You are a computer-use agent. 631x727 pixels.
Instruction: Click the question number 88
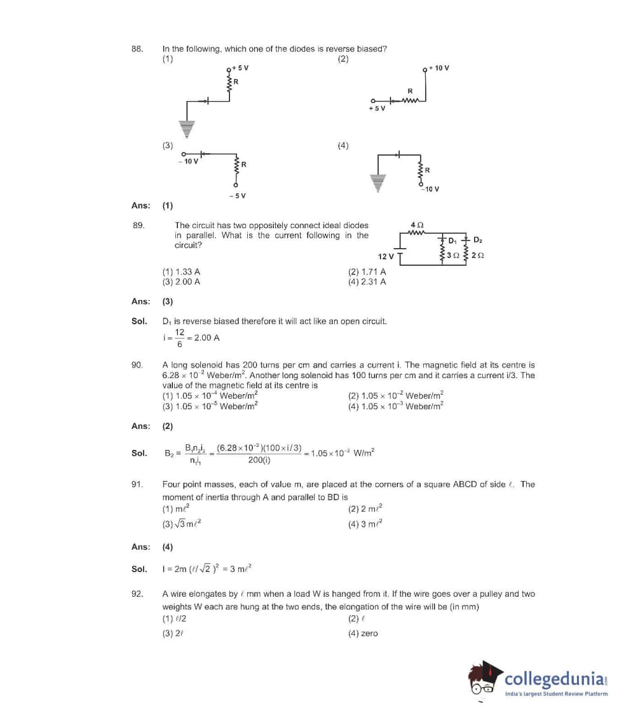point(136,48)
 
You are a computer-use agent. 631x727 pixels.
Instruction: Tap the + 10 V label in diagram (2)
point(439,67)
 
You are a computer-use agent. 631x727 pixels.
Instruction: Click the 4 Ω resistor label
point(417,225)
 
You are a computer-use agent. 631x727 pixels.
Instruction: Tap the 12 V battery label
point(386,256)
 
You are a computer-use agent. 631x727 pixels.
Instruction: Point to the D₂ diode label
point(478,240)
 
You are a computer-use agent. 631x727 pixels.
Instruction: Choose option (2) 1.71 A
point(367,272)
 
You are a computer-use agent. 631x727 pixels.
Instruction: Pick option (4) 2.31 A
point(367,282)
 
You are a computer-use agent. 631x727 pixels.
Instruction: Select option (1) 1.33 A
point(181,272)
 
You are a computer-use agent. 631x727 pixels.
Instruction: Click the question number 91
point(136,484)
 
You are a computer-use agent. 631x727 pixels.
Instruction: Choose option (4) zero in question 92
point(363,633)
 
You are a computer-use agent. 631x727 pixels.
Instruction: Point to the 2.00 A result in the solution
point(207,337)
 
